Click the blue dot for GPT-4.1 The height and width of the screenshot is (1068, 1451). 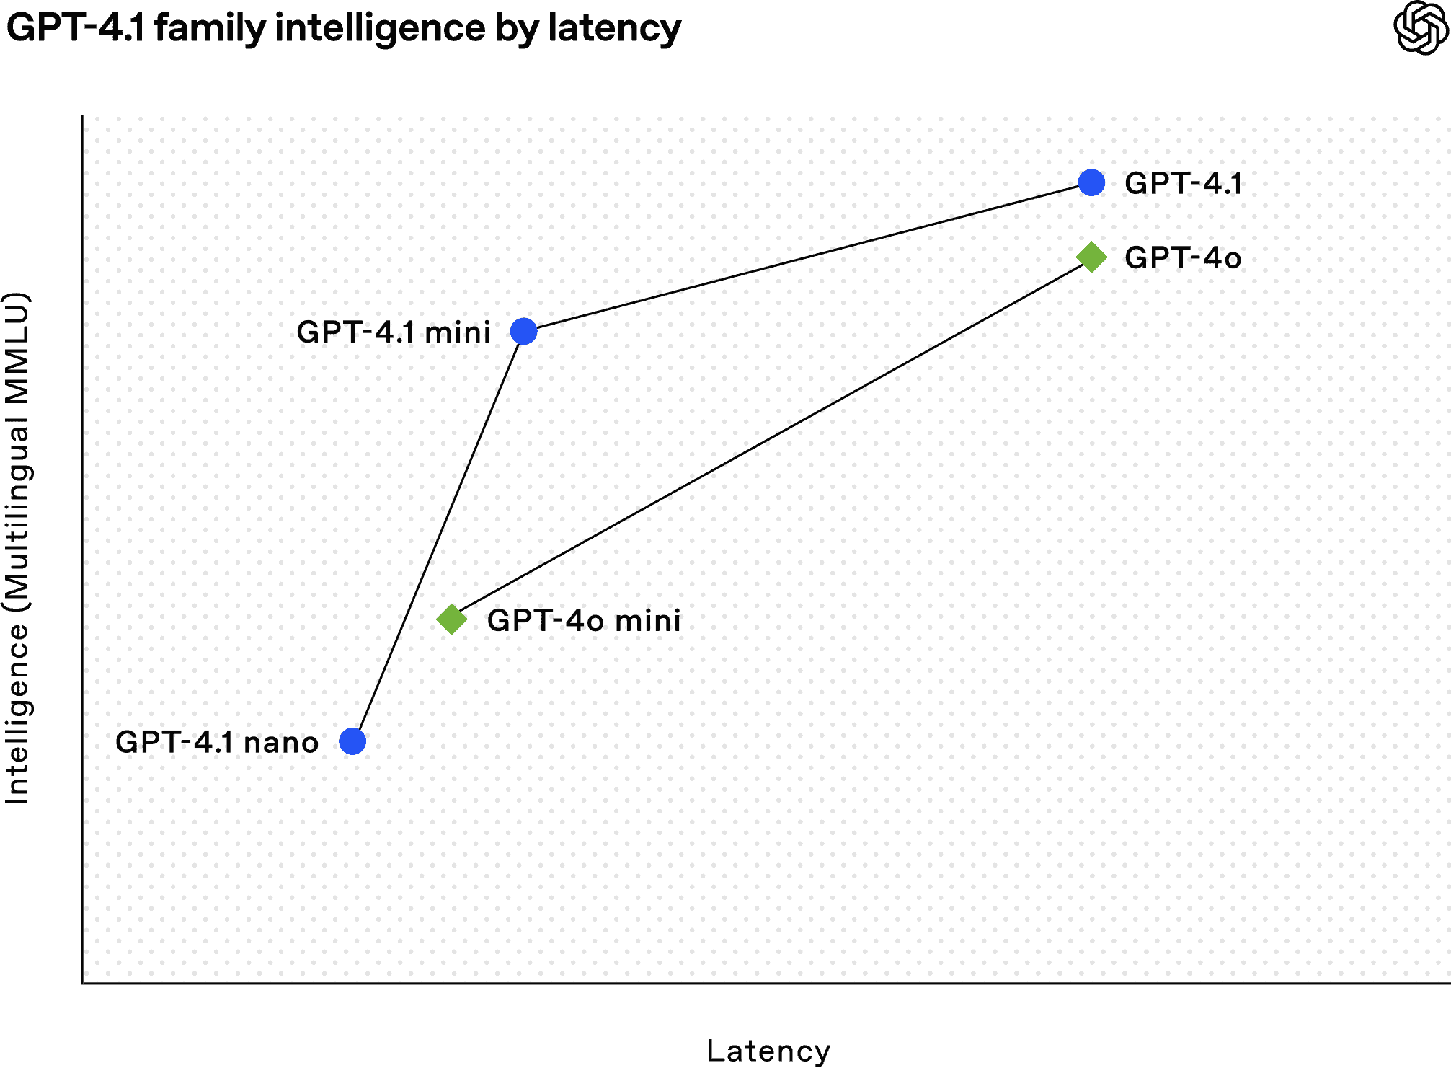coord(1091,183)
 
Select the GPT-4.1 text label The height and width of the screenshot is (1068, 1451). coord(1183,184)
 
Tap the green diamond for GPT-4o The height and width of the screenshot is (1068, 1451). coord(1091,257)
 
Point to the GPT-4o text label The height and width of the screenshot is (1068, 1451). coord(1183,258)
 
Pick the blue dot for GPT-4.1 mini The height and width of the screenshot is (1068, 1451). coord(524,331)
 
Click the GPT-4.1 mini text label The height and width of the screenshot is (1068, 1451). coord(394,332)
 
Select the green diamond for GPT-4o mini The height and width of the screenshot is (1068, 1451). coord(452,619)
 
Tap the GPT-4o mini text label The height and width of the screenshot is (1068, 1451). coord(584,621)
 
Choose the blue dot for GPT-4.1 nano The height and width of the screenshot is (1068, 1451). coord(352,741)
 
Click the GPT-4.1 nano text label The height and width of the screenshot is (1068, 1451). coord(217,743)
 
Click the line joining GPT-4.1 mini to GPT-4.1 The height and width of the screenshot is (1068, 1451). coord(807,257)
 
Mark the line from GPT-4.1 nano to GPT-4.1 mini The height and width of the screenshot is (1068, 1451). coord(438,536)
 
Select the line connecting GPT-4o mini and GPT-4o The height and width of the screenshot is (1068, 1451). coord(771,438)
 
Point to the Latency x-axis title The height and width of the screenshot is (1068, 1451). coord(778,1053)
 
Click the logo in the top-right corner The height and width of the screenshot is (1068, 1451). coord(1420,27)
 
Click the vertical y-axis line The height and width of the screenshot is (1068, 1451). coord(83,548)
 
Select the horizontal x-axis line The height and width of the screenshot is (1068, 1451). coord(764,982)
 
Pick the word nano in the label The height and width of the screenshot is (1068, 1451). coord(281,743)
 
